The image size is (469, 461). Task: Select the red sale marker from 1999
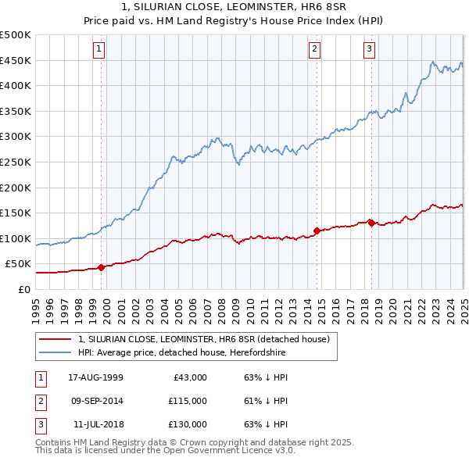point(102,267)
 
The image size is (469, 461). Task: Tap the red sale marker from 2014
point(317,230)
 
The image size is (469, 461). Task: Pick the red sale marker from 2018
point(371,223)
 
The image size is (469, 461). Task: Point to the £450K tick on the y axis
point(16,60)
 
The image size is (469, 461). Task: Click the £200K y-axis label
point(16,188)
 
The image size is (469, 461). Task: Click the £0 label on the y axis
point(23,289)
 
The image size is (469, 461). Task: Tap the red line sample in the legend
point(55,339)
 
